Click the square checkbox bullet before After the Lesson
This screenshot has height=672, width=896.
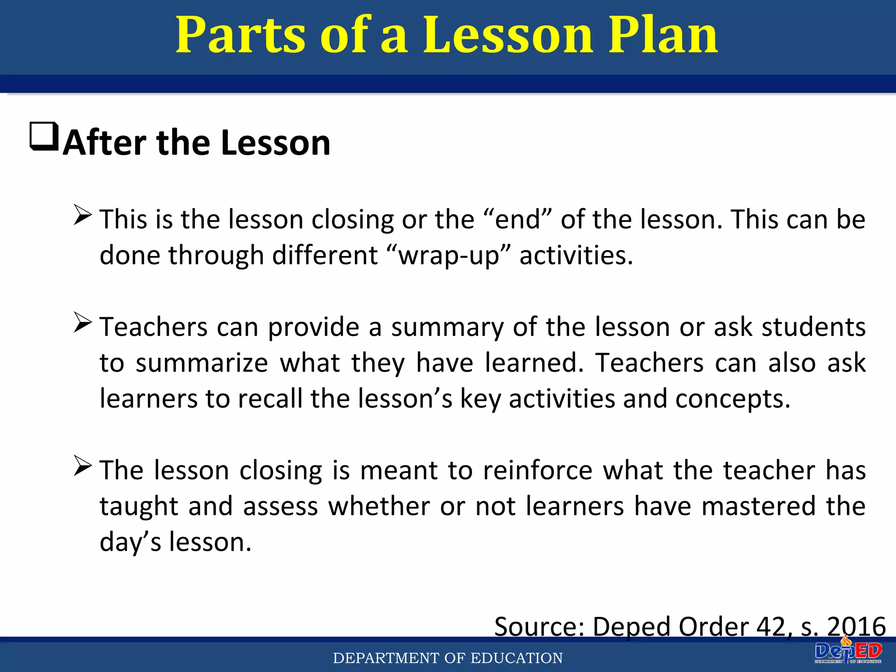point(44,136)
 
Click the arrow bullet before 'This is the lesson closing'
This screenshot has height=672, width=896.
point(82,215)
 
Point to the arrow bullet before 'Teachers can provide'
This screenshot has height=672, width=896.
point(82,322)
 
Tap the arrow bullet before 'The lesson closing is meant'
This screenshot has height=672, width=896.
point(82,465)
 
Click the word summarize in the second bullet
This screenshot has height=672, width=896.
point(202,363)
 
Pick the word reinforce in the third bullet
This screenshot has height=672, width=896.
point(538,470)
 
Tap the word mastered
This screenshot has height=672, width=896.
point(759,506)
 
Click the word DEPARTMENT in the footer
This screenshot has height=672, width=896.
point(386,658)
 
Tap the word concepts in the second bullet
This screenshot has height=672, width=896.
point(732,399)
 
